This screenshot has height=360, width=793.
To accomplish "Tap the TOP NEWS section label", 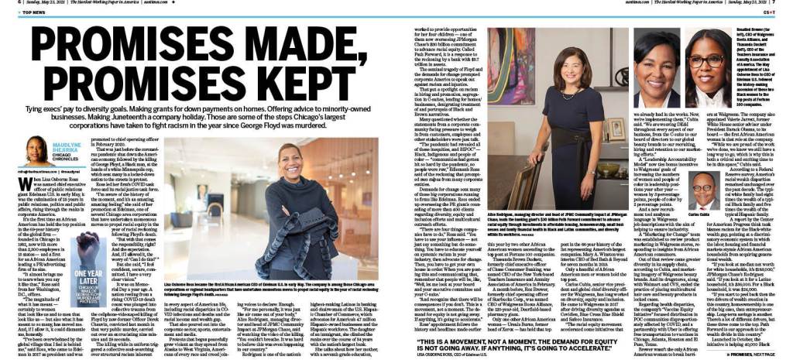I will pos(31,12).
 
